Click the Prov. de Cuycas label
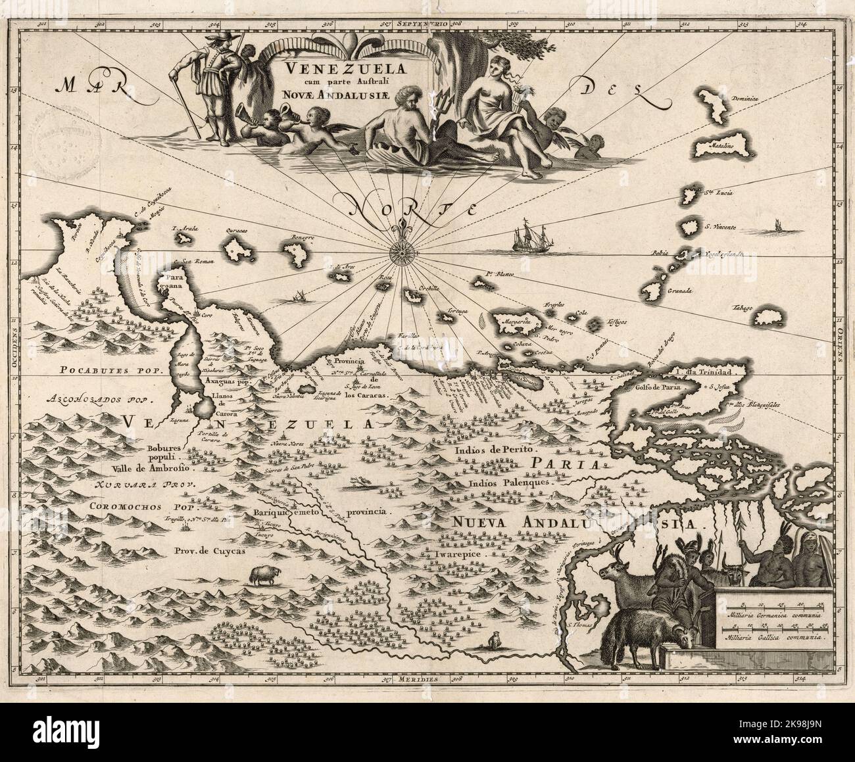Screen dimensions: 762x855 tap(209, 552)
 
